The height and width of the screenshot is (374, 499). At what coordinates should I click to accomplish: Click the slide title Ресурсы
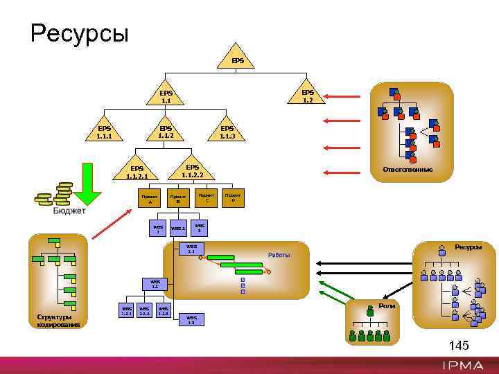click(80, 33)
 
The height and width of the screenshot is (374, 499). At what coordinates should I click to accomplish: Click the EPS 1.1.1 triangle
click(104, 132)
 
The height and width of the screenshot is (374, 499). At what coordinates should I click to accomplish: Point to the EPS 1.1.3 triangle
click(227, 132)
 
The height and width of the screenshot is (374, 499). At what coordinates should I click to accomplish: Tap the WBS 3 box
click(200, 228)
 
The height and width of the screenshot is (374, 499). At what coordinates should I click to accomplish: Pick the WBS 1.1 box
click(191, 249)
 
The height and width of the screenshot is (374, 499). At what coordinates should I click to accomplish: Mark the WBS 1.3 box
click(191, 319)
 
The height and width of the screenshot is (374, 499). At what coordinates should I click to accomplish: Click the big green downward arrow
click(89, 184)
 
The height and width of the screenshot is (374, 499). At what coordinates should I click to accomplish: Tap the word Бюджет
click(69, 211)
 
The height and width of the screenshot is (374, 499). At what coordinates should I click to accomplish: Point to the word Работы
click(279, 256)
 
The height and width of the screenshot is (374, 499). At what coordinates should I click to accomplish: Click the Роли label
click(387, 305)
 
